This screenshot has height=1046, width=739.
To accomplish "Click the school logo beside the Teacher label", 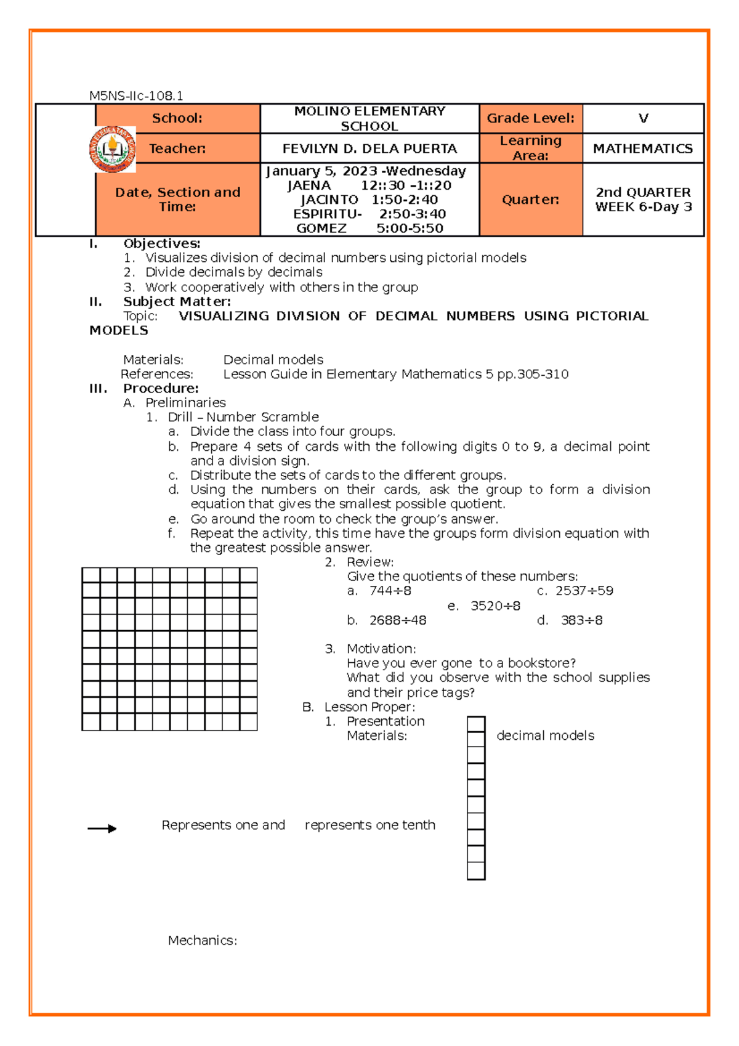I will point(111,149).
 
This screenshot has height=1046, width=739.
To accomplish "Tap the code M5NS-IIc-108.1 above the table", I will point(136,95).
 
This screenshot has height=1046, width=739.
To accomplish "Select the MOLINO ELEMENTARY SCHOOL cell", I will point(369,118).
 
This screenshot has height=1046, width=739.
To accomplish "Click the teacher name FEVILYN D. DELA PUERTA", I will point(369,148).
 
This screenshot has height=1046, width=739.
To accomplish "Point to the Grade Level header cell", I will point(530,118).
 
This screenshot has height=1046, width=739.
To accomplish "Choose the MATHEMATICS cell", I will point(642,148).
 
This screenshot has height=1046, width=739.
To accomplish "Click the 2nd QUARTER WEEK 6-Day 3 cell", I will point(643,200).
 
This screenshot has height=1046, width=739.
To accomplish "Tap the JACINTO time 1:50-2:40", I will point(405,200).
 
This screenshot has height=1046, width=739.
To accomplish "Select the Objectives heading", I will point(161,243).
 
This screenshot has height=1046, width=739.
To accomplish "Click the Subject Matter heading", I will point(177,301).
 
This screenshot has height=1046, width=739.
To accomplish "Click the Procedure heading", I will point(161,388).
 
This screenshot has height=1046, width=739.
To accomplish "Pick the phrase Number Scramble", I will point(262,417).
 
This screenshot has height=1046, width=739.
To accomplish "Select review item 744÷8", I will point(390,591).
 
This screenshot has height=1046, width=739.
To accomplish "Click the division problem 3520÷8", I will point(495,606).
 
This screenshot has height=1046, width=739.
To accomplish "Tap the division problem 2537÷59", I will point(584,591).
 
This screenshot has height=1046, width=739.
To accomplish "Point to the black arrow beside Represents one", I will point(102,829).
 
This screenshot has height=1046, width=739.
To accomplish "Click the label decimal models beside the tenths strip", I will point(545,736).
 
